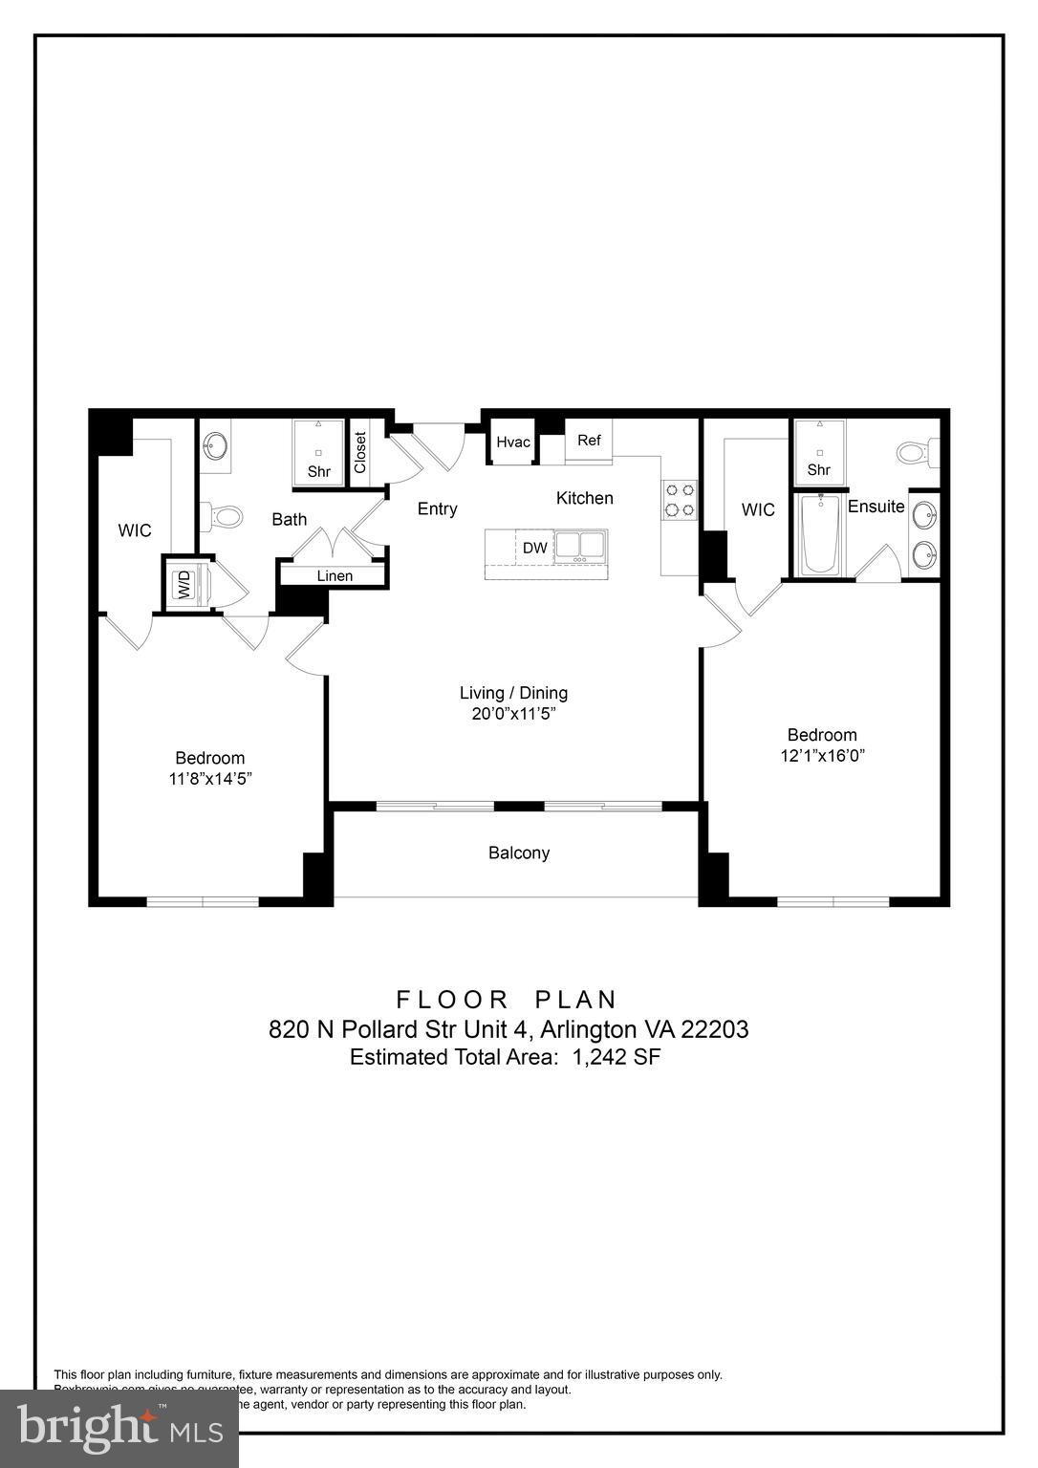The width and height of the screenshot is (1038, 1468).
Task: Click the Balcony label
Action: point(519,853)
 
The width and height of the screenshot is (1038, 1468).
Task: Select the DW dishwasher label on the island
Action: point(535,548)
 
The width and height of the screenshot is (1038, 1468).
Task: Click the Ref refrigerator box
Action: point(589,442)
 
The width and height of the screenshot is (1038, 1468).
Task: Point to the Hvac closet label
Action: point(513,443)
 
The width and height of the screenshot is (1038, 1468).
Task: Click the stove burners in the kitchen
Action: point(680,499)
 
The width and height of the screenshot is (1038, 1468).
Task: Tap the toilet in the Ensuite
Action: point(919,451)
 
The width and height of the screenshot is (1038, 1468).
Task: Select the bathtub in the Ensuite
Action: point(820,535)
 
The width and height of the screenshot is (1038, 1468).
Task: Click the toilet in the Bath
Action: point(224,517)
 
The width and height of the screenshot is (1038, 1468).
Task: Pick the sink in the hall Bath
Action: point(216,445)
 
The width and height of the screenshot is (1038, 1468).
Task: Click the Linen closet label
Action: point(335,575)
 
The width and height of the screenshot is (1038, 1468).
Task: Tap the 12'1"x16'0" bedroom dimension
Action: point(822,756)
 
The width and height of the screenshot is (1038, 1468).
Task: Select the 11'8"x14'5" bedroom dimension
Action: point(210,779)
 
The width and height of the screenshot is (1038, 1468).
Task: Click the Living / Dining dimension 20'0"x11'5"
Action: point(513,714)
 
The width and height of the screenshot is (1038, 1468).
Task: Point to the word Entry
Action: point(437,508)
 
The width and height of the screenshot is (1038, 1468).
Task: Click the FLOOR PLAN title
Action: point(508,1000)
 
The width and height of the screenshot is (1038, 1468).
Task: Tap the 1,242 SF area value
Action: point(616,1057)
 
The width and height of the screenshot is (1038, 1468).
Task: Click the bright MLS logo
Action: point(119,1427)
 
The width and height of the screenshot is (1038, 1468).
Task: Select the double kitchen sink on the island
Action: point(580,545)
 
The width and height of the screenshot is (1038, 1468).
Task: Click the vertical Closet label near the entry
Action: point(360,453)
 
